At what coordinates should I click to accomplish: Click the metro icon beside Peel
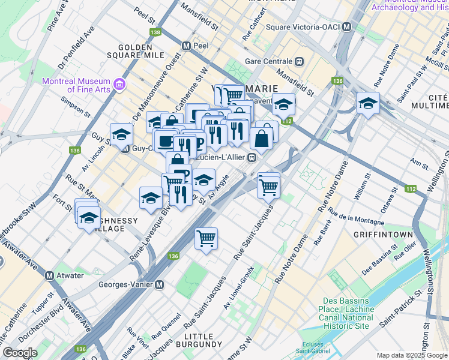pos(187,46)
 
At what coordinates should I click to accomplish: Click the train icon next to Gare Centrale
pos(298,61)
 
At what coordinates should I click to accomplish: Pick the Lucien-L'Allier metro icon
pos(253,158)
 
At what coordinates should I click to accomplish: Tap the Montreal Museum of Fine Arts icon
pos(119,85)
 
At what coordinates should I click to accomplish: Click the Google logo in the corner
pos(20,353)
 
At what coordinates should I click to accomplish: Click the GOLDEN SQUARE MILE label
pos(141,51)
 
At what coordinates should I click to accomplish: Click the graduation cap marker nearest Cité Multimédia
pos(367,103)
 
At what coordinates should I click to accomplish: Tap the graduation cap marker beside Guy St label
pos(121,133)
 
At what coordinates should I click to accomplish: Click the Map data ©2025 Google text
pos(412,355)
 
